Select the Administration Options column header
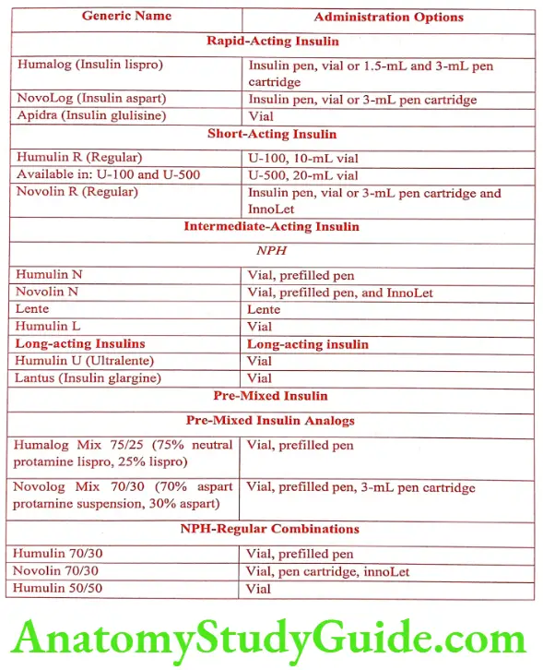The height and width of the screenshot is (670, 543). (388, 18)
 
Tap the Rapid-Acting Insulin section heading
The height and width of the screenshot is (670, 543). (272, 42)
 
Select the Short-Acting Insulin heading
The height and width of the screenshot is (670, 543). (272, 134)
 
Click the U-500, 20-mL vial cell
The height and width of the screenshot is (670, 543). (302, 175)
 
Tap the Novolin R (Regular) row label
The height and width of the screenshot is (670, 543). (77, 192)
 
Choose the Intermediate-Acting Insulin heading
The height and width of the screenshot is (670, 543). (271, 226)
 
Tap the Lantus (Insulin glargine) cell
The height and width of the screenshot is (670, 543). (88, 378)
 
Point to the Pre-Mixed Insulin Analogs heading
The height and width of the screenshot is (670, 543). (271, 420)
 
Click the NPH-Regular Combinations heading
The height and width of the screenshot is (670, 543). (271, 529)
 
